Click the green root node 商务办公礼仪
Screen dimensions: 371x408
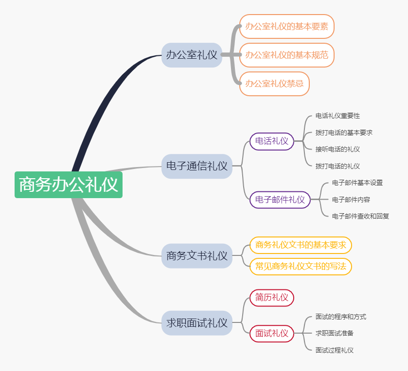69,185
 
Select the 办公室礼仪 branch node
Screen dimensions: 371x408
192,55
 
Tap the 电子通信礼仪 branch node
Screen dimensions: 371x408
196,166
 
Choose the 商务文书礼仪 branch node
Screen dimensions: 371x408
196,255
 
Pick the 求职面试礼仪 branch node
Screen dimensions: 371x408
196,322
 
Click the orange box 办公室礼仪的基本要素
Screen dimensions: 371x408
286,26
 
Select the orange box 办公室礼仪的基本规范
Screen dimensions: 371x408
286,55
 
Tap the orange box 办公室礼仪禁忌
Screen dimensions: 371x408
274,84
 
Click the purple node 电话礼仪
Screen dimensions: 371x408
272,141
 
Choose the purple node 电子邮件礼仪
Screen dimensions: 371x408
280,200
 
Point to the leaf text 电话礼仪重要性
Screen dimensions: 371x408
337,116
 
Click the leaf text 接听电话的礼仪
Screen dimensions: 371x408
337,149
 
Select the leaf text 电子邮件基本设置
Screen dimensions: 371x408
357,183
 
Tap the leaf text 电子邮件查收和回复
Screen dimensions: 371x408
360,216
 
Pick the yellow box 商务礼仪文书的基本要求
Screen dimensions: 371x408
301,245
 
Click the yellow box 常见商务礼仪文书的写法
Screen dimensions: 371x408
301,266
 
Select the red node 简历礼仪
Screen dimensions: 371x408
272,297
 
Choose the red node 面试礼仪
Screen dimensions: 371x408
272,333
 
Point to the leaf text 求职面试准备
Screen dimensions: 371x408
334,333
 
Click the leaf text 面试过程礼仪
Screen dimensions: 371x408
334,350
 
